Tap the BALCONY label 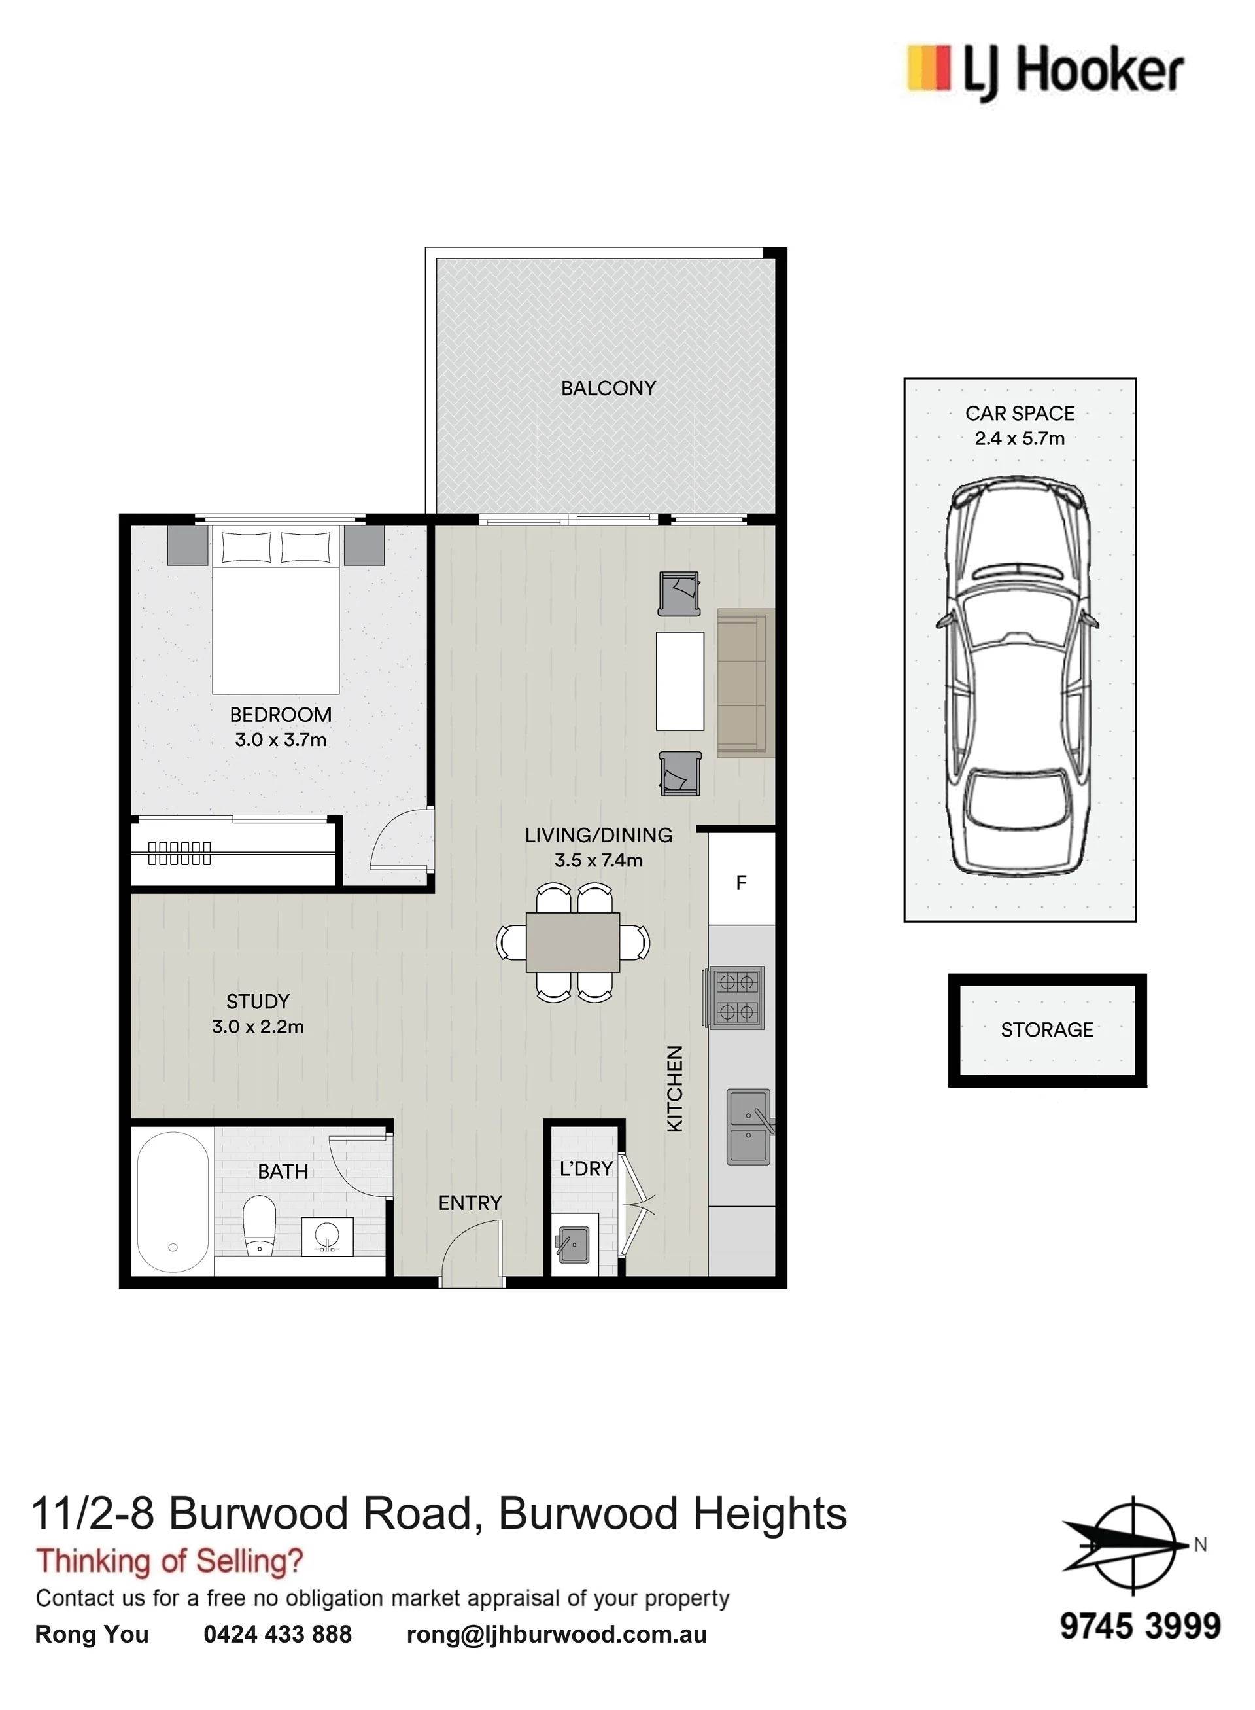tap(608, 388)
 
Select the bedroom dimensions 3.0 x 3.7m tap(281, 739)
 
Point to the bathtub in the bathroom tap(173, 1202)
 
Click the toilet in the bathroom tap(259, 1225)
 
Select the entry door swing tap(472, 1253)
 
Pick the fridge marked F tap(742, 882)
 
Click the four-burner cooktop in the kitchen tap(736, 998)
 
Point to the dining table tap(573, 942)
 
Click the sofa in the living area tap(746, 683)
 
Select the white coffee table tap(680, 681)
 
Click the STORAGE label tap(1047, 1030)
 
